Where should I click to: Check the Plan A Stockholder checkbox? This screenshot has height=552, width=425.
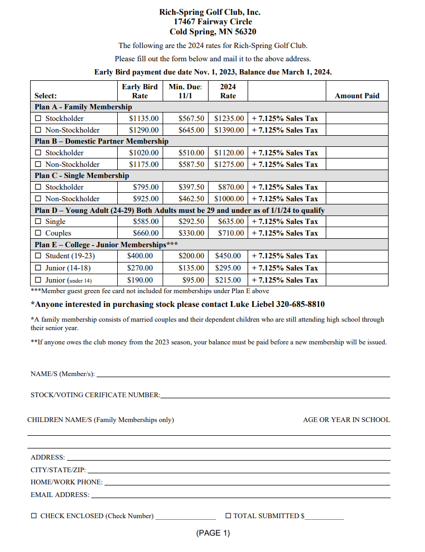point(38,118)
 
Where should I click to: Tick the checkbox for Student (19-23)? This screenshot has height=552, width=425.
point(38,256)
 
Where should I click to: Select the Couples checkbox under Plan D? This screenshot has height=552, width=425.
point(38,233)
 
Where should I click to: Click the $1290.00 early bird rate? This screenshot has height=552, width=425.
point(144,130)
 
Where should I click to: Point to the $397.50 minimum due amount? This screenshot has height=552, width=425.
point(191,187)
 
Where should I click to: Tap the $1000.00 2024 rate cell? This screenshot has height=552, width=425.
point(229,199)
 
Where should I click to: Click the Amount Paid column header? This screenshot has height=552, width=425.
point(357,96)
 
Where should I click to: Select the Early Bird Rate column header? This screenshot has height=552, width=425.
point(140,91)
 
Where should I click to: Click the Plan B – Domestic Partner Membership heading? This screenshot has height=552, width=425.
point(101,141)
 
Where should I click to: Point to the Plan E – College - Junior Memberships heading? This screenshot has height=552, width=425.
point(106,245)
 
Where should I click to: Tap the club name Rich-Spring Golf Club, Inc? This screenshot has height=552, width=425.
point(210,12)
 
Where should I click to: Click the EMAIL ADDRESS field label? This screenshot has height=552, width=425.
point(60,495)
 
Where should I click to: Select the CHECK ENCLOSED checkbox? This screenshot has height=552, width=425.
point(34,516)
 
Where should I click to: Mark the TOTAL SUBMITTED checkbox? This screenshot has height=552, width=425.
point(228,516)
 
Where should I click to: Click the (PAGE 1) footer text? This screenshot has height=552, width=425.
point(213,533)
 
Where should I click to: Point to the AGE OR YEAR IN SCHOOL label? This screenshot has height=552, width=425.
point(346,420)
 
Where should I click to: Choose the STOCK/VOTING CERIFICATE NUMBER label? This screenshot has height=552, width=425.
point(95,395)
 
